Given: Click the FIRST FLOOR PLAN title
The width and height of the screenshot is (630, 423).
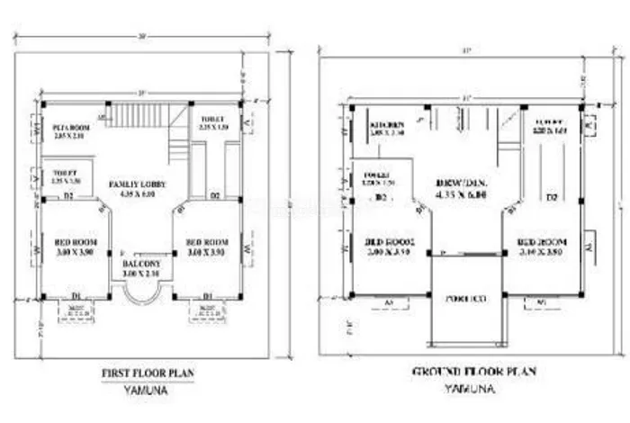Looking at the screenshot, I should [x=148, y=372].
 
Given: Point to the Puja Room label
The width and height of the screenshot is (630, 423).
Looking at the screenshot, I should [x=67, y=129].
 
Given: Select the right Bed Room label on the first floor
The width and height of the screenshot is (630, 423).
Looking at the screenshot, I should [x=207, y=242].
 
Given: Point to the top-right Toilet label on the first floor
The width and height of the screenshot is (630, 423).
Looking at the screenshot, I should [x=214, y=119].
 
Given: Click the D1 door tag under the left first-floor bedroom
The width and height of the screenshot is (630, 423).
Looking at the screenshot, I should [x=76, y=295].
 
